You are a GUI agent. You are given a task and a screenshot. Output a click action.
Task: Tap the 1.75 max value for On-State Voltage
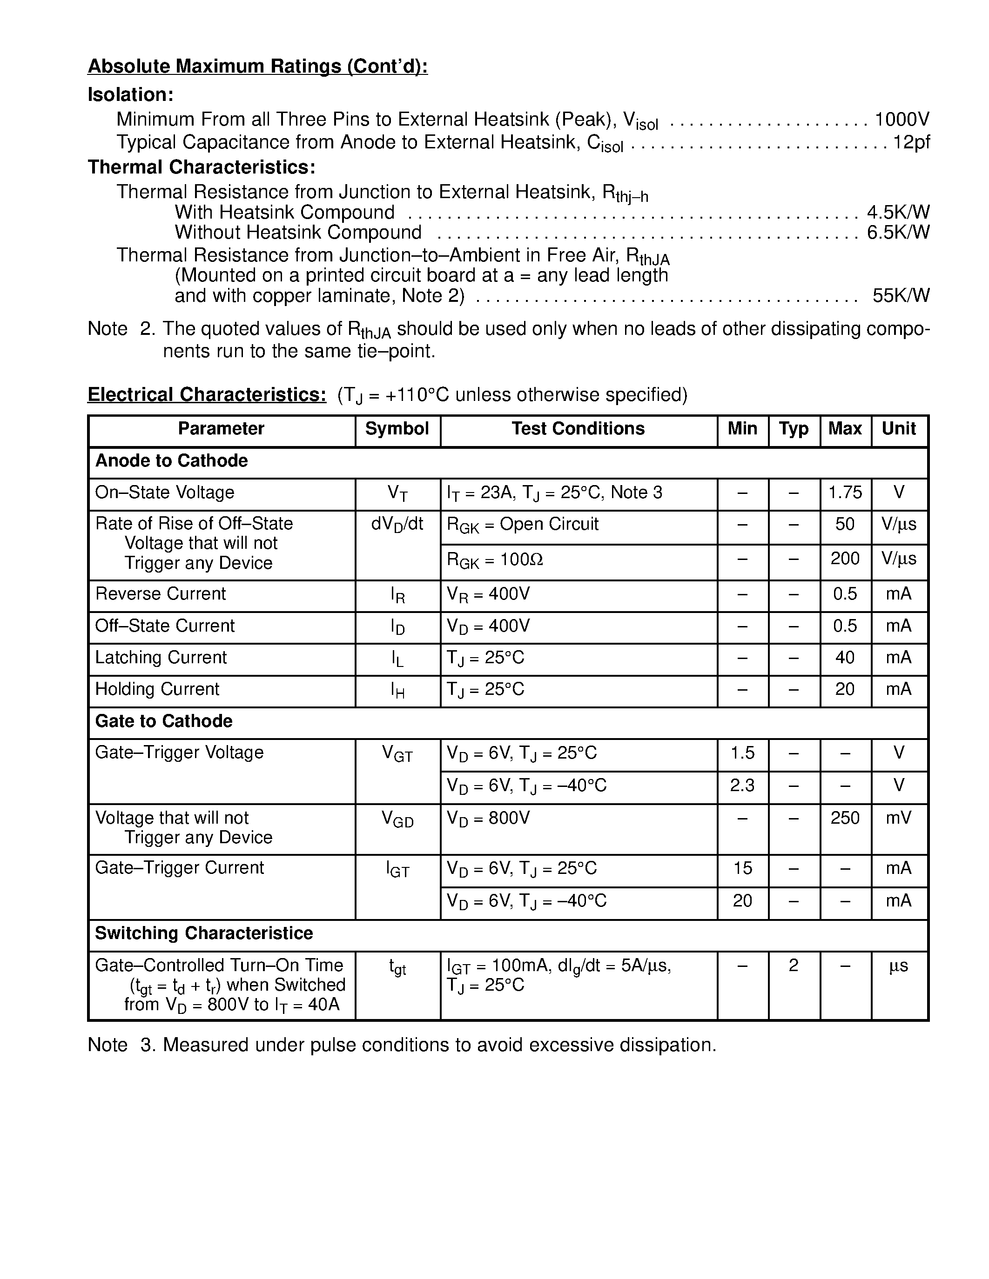(x=845, y=493)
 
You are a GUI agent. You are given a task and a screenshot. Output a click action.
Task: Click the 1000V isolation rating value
(x=902, y=120)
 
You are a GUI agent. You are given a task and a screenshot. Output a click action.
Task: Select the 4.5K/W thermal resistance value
(x=898, y=212)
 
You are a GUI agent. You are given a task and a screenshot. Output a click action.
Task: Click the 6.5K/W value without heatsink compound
(x=898, y=233)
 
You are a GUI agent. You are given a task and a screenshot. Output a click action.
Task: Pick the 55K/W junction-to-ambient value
(x=901, y=296)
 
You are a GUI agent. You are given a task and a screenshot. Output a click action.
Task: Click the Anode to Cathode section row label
(x=172, y=461)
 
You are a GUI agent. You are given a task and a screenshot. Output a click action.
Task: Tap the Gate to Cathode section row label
(x=164, y=721)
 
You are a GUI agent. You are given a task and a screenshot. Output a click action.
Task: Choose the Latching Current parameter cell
(x=161, y=658)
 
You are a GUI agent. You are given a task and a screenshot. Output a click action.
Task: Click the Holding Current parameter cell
(x=157, y=689)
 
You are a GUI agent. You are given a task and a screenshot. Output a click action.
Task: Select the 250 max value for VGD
(x=845, y=818)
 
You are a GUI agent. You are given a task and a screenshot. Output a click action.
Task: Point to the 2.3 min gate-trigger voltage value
(x=742, y=786)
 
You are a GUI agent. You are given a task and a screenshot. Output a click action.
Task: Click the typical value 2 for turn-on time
(x=794, y=965)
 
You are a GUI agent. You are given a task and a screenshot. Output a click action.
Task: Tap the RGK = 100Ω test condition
(x=495, y=560)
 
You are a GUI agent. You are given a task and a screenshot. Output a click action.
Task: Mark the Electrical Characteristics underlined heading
(x=207, y=395)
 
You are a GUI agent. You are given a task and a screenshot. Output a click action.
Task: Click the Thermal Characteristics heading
(x=202, y=167)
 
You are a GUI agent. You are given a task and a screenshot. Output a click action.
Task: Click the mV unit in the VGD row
(x=899, y=818)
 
